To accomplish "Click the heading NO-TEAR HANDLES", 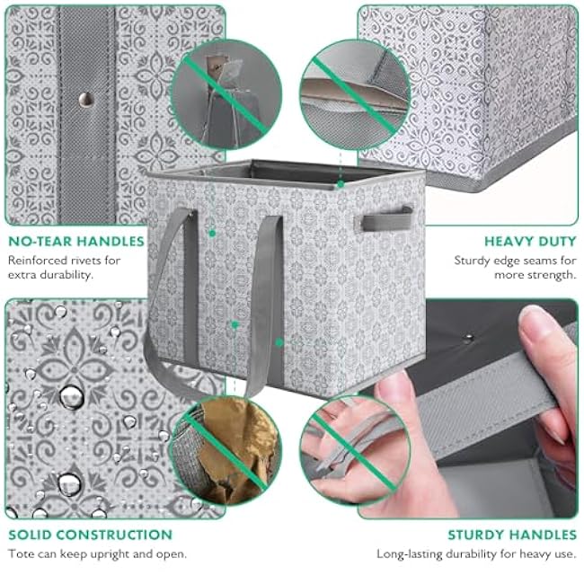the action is [x=76, y=242].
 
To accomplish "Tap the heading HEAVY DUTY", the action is [x=530, y=242].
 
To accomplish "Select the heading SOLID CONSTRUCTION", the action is [x=90, y=535].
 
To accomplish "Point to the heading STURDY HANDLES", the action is [x=512, y=535].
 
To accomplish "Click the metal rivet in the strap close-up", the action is [x=86, y=100].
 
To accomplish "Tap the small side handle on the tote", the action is [x=387, y=219].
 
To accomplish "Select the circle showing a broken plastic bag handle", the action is [x=226, y=94].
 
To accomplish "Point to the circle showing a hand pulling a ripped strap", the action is [x=355, y=450].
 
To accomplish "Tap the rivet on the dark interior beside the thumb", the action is [x=468, y=339].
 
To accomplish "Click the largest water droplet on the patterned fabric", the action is [x=71, y=397].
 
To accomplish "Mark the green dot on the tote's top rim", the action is [x=340, y=184].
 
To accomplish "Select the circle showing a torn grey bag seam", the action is [x=355, y=94].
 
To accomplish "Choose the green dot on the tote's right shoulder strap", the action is [x=279, y=342].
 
